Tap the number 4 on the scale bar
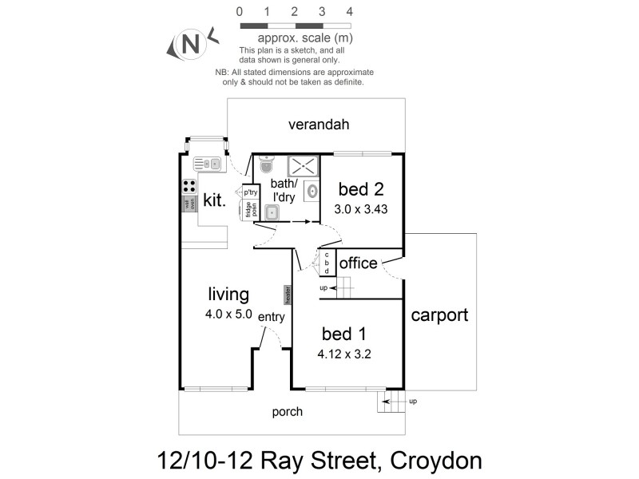(x=349, y=12)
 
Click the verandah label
(x=319, y=125)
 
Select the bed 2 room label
(x=361, y=189)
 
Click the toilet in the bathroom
(x=267, y=164)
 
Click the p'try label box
(x=250, y=192)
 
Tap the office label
(x=358, y=263)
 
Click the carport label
(x=439, y=315)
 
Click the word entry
(x=272, y=317)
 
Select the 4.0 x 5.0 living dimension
(x=228, y=314)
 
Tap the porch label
(x=288, y=412)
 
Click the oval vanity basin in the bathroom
(x=312, y=191)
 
